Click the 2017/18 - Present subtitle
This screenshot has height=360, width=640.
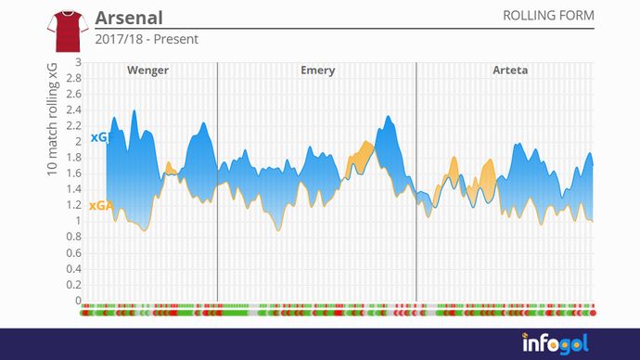tap(147, 40)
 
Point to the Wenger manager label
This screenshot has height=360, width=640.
tap(147, 71)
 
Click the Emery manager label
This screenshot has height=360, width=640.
tap(318, 71)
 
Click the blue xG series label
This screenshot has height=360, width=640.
tap(98, 138)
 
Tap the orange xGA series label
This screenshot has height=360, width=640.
tap(99, 206)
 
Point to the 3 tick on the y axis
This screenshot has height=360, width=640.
tap(78, 62)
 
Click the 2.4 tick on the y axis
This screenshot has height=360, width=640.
tap(74, 109)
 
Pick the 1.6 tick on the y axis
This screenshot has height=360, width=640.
tap(74, 174)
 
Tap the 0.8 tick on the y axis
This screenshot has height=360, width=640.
tap(74, 237)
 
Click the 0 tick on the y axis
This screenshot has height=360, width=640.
tap(78, 301)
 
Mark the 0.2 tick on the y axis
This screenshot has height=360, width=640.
tap(74, 285)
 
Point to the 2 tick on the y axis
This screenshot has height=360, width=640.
tap(78, 142)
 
